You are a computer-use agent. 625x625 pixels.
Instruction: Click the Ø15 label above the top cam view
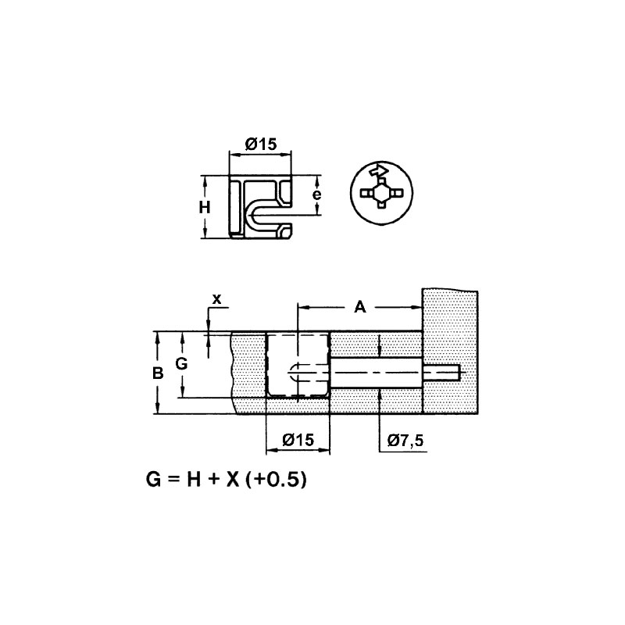tap(261, 144)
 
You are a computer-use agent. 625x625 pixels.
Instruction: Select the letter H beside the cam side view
tap(205, 208)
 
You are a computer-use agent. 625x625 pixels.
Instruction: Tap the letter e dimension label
tap(317, 195)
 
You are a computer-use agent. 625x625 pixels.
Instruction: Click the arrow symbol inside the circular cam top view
tap(379, 170)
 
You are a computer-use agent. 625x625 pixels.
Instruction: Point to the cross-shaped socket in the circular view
tap(381, 193)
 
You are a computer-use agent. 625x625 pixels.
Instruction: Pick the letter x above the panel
tap(216, 299)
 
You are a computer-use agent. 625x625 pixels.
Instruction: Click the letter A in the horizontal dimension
tap(360, 307)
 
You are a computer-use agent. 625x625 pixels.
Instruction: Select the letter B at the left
tap(159, 373)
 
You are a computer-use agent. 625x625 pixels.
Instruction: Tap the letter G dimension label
tap(182, 363)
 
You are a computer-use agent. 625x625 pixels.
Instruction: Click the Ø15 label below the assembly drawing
tap(298, 440)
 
